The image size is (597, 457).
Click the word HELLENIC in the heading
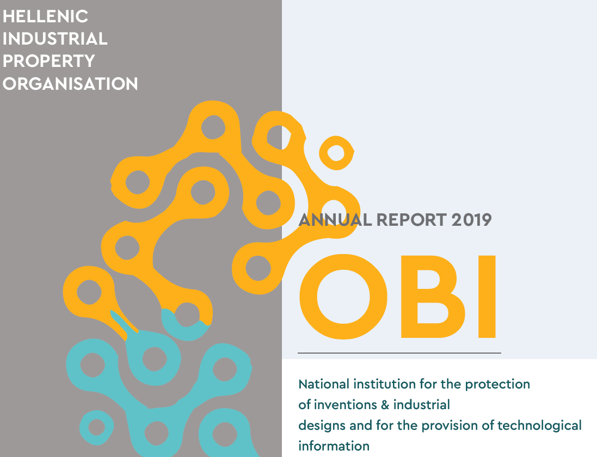45,16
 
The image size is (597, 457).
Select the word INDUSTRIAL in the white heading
55,39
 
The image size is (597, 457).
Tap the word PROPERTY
49,61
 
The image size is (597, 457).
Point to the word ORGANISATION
70,84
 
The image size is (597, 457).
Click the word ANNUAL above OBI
335,220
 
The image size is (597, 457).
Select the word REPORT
411,220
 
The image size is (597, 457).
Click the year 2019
471,220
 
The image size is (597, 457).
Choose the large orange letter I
487,297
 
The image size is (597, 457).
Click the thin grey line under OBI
399,353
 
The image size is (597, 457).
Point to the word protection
497,385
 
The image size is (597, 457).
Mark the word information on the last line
334,446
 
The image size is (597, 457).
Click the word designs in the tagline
322,426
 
